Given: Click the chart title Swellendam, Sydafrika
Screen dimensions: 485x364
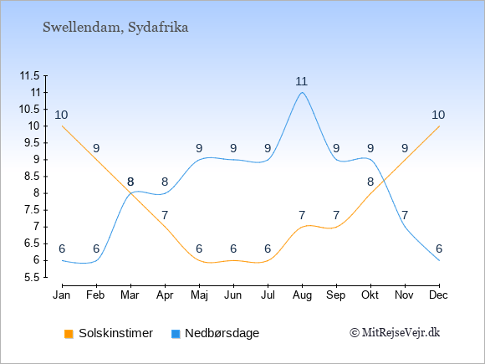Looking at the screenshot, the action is coord(115,28).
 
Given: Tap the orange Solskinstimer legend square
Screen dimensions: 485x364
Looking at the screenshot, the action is coord(69,334).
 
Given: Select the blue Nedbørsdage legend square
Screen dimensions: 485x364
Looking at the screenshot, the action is coord(176,334).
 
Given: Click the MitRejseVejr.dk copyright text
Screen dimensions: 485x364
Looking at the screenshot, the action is coord(395,333).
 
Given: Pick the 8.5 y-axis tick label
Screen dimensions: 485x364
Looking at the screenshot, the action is coord(32,177).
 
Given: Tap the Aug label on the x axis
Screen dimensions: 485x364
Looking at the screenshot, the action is coord(302,295).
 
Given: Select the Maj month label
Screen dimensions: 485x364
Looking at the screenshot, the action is coord(199,295).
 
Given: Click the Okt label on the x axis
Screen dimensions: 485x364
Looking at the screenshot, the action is coord(370,295).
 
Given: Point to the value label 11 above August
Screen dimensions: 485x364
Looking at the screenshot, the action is coord(301,82).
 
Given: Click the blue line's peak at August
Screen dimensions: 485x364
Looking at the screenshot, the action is coord(302,92).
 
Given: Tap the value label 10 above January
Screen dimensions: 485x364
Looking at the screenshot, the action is coord(61,115).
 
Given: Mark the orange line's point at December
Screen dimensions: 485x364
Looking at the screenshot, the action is coord(439,126).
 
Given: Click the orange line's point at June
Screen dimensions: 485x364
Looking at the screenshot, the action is coord(233,260).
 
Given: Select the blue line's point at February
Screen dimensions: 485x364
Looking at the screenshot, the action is coord(96,260).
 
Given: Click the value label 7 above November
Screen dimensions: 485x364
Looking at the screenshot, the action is coord(405,215).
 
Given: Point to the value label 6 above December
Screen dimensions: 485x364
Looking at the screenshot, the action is coord(439,249).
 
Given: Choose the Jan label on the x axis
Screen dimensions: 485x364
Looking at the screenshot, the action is coord(62,295).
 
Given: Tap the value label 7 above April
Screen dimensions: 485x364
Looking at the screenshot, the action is coord(165,215).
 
